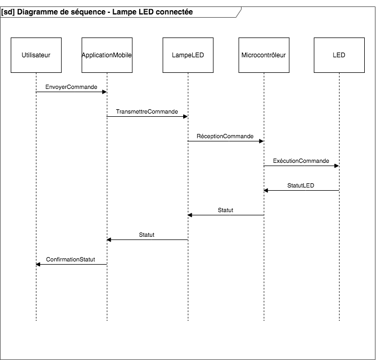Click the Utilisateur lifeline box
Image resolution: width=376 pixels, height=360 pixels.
pyautogui.click(x=36, y=55)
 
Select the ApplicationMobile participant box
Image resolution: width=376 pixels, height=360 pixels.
pyautogui.click(x=107, y=55)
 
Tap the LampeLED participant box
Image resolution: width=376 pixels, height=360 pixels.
pyautogui.click(x=188, y=55)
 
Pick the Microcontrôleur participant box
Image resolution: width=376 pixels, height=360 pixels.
pyautogui.click(x=264, y=55)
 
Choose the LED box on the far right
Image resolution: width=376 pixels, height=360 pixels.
pyautogui.click(x=339, y=55)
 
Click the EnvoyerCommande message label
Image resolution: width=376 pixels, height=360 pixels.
pyautogui.click(x=71, y=86)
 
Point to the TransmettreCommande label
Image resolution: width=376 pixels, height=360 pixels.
pyautogui.click(x=147, y=111)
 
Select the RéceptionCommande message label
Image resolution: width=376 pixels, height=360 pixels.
pyautogui.click(x=225, y=136)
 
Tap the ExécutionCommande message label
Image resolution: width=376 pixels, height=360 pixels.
pyautogui.click(x=301, y=161)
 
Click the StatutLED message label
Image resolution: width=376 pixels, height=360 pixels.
pyautogui.click(x=301, y=185)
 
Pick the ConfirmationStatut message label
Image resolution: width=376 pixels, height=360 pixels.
pyautogui.click(x=71, y=259)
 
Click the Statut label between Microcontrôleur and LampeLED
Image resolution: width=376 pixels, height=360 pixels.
pyautogui.click(x=225, y=210)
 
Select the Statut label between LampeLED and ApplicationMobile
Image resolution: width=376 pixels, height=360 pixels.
pyautogui.click(x=147, y=235)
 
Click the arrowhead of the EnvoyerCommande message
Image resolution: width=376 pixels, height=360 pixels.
pyautogui.click(x=104, y=92)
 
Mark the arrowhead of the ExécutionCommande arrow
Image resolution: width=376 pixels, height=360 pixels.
pyautogui.click(x=336, y=166)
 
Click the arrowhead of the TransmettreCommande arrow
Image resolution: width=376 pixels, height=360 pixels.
pyautogui.click(x=185, y=116)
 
